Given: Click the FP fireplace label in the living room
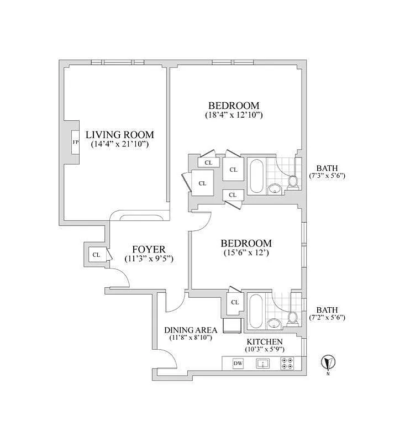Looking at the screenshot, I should (75, 143).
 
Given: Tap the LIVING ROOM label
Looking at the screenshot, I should (119, 134).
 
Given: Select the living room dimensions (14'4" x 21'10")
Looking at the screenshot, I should (120, 144).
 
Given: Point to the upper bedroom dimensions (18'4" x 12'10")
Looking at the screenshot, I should (233, 115).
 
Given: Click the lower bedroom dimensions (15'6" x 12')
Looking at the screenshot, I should (246, 253).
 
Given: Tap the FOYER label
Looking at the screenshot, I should (149, 249).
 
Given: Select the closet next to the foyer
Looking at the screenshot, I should (96, 255).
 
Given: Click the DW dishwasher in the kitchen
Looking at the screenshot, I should (238, 363).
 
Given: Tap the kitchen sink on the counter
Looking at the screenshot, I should (262, 363).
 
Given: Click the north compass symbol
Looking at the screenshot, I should (328, 362).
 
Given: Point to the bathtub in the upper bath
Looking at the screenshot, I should (255, 175).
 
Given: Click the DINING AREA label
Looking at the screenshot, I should (191, 330).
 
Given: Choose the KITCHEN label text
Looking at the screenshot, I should (264, 342).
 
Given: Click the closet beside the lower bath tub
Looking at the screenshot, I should (234, 302).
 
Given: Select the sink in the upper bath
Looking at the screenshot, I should (274, 190).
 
